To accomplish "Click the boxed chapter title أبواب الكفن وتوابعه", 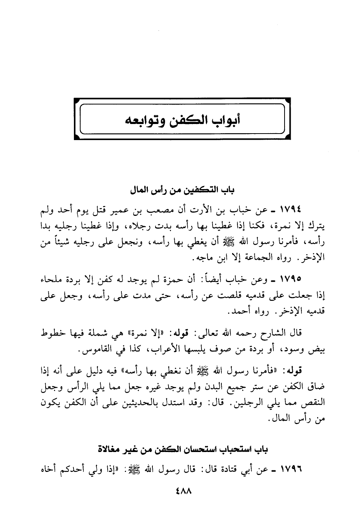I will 180,119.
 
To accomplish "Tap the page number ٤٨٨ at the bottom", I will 180,490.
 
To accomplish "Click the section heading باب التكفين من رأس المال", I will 180,190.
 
